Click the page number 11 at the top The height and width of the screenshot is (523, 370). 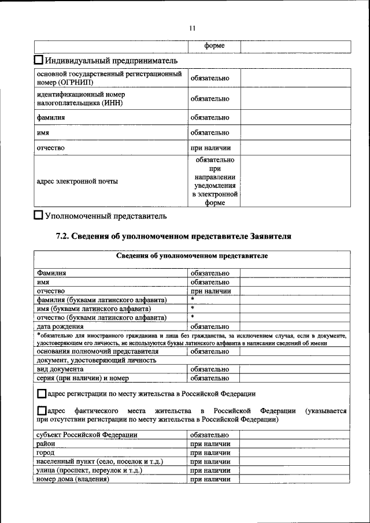[x=193, y=28]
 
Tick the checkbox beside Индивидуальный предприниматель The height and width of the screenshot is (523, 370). [x=39, y=60]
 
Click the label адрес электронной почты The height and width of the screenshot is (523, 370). [x=77, y=181]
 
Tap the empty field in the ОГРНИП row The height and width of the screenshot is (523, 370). [x=295, y=78]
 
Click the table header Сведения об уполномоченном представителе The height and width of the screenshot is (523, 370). [x=191, y=255]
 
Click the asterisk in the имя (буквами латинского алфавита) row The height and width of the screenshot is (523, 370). [x=192, y=309]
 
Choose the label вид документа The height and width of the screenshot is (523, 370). [x=60, y=369]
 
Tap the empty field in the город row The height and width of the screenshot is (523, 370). [x=295, y=452]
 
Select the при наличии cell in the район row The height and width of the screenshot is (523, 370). [x=210, y=443]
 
